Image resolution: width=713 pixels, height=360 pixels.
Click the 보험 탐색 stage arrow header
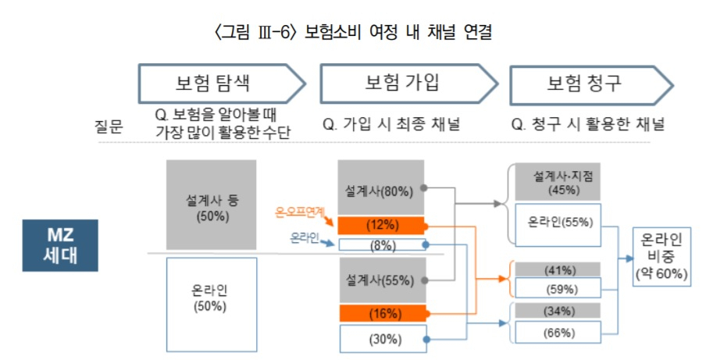click(222, 84)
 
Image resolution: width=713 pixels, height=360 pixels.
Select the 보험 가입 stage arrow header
click(408, 84)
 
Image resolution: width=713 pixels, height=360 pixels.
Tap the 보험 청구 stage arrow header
click(591, 85)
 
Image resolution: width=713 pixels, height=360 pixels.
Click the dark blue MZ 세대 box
click(60, 245)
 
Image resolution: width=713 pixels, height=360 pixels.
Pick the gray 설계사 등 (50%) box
click(212, 205)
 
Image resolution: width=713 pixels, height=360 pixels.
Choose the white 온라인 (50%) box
click(212, 305)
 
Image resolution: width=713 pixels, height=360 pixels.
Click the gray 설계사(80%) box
click(381, 187)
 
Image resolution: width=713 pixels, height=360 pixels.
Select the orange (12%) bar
click(382, 226)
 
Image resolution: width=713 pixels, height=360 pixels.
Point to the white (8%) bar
click(383, 245)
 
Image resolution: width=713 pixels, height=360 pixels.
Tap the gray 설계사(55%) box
click(383, 280)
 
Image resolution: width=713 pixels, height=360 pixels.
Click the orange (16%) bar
click(383, 314)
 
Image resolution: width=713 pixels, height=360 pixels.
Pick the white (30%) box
click(383, 339)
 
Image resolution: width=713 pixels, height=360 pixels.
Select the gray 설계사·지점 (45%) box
click(558, 182)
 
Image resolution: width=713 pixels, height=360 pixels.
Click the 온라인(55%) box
click(558, 225)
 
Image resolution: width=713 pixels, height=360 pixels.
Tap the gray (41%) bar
click(558, 269)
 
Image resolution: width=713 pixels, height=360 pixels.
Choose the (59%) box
click(558, 287)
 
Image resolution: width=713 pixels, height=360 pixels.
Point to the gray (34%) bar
click(558, 311)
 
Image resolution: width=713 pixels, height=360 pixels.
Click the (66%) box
click(558, 332)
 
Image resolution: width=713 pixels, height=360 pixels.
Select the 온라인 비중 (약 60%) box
click(661, 257)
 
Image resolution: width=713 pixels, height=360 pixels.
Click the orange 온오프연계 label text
click(300, 212)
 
